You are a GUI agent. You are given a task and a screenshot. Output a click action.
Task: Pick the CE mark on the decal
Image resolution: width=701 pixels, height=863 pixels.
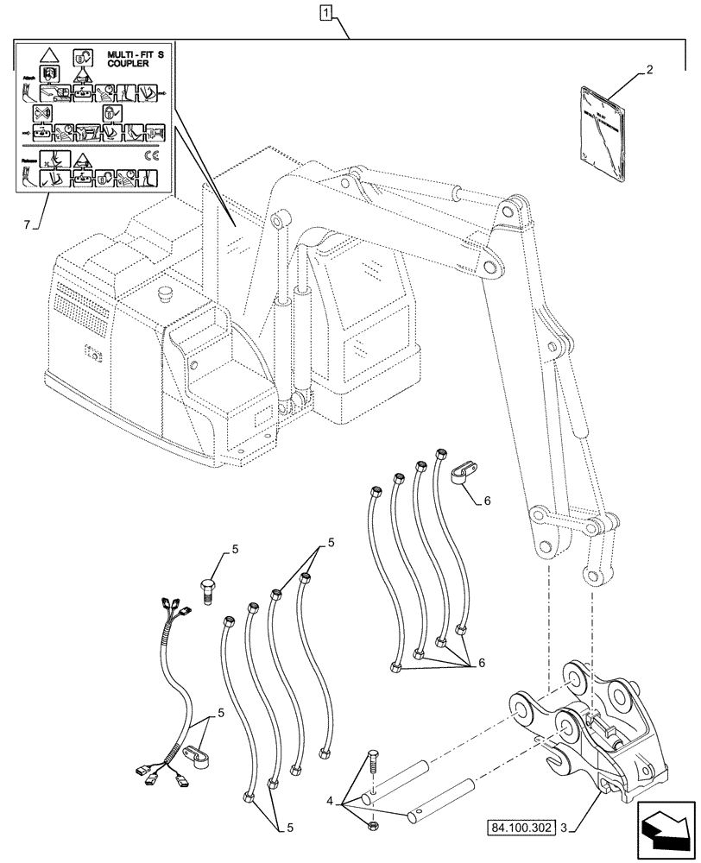click(150, 156)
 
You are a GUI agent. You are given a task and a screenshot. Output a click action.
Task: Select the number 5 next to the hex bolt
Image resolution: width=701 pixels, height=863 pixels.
click(233, 550)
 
